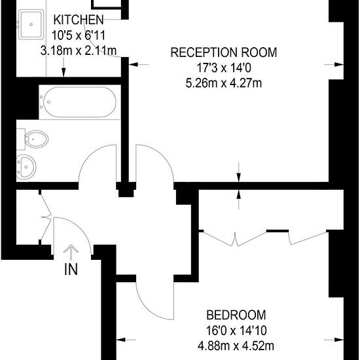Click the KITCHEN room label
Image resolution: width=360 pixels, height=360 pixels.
[79, 20]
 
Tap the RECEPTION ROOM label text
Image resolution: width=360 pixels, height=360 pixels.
[224, 52]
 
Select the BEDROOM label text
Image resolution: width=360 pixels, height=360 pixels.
[236, 315]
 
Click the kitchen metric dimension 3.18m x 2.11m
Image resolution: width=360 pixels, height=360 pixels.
[79, 51]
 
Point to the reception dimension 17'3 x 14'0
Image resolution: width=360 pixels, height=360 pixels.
[224, 68]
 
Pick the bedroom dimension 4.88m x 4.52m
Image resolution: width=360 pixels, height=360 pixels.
[236, 346]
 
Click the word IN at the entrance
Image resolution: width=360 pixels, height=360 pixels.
[71, 269]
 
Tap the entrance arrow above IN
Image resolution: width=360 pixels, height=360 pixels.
[71, 252]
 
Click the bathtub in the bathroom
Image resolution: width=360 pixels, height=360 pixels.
[80, 102]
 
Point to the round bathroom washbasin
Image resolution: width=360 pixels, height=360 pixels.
[26, 167]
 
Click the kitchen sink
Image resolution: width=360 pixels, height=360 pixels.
[31, 24]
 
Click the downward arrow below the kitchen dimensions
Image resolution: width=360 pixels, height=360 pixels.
[63, 67]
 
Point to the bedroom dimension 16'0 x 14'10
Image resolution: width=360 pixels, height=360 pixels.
[236, 331]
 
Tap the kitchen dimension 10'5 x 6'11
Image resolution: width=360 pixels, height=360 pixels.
[79, 35]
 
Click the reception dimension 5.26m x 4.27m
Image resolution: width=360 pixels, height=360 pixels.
[224, 83]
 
